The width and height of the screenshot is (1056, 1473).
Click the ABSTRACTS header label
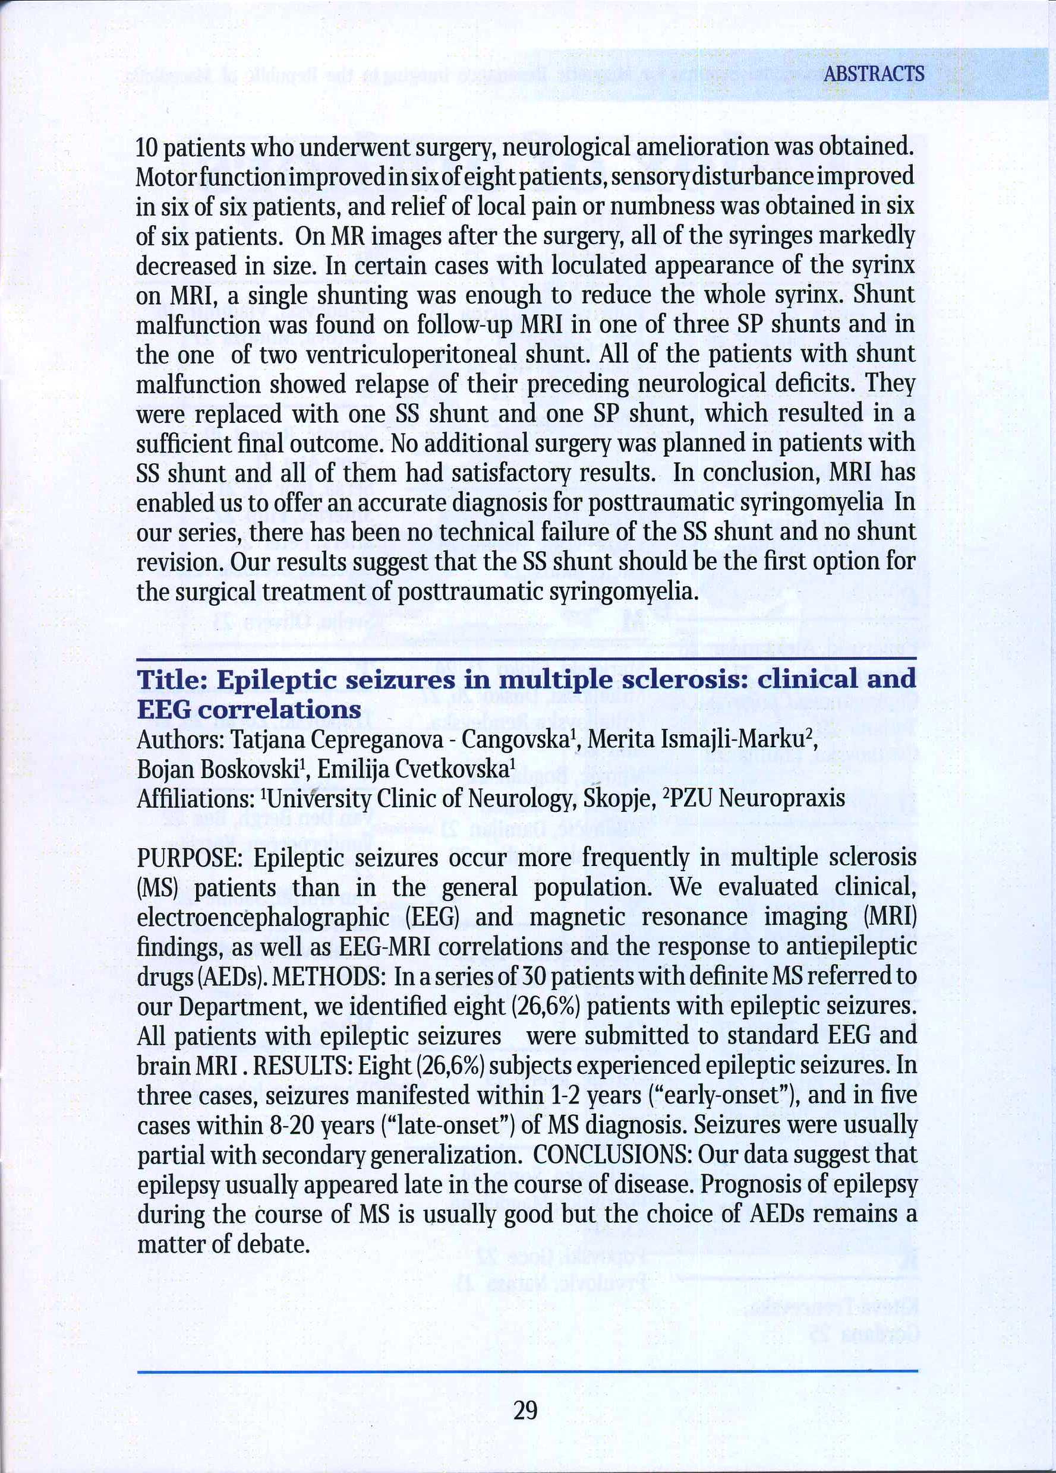point(874,74)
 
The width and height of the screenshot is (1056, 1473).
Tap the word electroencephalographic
point(263,918)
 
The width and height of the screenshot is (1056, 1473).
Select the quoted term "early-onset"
point(724,1096)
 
